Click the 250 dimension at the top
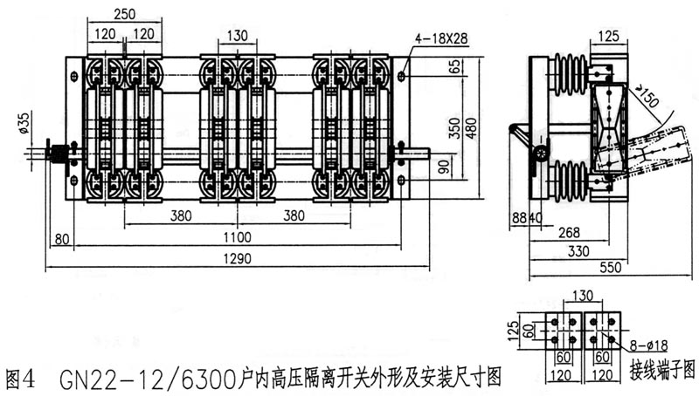(x=124, y=14)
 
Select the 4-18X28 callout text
(x=441, y=38)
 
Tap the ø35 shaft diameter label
(x=24, y=123)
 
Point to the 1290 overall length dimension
(x=237, y=258)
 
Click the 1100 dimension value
(x=237, y=237)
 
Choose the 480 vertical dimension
(x=471, y=128)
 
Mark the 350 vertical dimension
(x=454, y=128)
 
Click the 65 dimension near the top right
(x=454, y=67)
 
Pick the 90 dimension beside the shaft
(x=444, y=167)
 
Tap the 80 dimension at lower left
(x=62, y=239)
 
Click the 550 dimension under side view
(x=610, y=267)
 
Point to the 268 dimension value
(x=570, y=232)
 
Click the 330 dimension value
(x=578, y=251)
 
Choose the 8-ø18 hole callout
(x=648, y=345)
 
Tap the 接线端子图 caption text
(x=662, y=369)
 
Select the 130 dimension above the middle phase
(x=237, y=36)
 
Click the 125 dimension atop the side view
(x=609, y=36)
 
